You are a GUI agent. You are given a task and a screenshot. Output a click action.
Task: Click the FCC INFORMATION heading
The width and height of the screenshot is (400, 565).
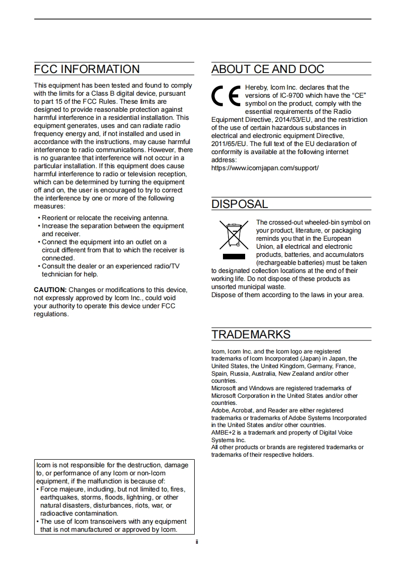coord(87,69)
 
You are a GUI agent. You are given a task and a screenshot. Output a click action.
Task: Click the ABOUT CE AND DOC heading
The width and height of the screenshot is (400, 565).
coord(267,69)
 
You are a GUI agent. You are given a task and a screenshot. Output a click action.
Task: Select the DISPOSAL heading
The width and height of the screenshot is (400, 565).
coord(240,204)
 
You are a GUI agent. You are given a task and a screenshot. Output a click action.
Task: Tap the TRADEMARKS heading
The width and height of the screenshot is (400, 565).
coord(251,335)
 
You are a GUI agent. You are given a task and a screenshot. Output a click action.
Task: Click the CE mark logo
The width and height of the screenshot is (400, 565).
coord(225,96)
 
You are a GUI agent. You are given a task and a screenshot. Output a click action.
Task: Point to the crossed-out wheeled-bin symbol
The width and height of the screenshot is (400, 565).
coord(234,235)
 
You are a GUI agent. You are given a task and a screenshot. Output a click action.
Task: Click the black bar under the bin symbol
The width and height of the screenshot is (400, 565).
coord(234,257)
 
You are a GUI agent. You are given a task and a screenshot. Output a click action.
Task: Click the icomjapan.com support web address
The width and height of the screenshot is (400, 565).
coord(265,168)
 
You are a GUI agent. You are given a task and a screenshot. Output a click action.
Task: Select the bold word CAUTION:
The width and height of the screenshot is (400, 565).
coord(50,290)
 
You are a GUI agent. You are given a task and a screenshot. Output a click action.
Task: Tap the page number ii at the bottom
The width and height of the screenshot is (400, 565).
coord(197,542)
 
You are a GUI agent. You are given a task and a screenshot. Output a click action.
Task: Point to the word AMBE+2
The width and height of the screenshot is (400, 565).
coord(222,433)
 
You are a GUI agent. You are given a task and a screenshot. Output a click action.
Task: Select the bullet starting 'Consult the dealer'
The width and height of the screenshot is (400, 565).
coord(110,266)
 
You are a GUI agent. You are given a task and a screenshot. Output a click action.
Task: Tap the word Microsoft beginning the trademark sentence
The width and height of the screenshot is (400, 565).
coord(223,388)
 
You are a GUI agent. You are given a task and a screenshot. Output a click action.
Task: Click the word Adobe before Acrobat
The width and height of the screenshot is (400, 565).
coord(220,410)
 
